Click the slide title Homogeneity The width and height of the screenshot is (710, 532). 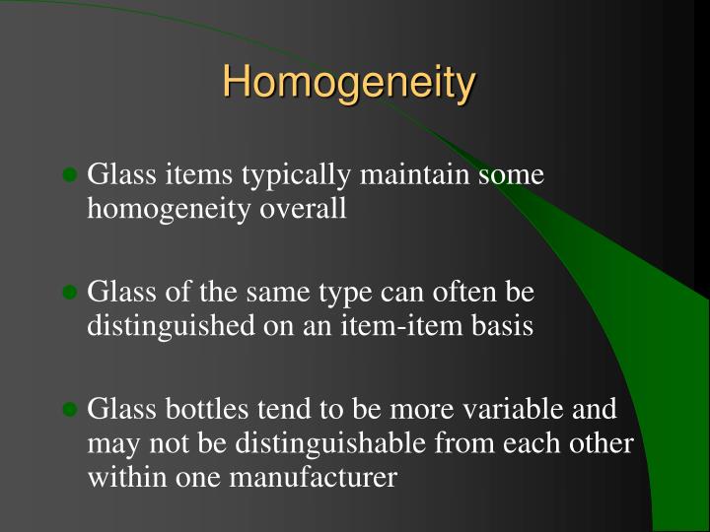point(349,83)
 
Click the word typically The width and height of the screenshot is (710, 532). point(296,176)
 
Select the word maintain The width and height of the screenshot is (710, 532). point(414,173)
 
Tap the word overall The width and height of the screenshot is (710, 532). point(303,208)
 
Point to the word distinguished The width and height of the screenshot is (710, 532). point(171,327)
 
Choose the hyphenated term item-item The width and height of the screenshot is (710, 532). point(401,325)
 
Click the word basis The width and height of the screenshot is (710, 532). point(502,325)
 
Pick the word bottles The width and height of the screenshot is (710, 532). point(206,409)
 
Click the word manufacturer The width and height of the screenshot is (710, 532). point(314,477)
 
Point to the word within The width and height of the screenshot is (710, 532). point(127,477)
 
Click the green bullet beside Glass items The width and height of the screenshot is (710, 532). point(70,174)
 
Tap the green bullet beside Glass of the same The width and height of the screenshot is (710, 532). point(70,292)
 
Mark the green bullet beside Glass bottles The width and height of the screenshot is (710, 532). point(70,410)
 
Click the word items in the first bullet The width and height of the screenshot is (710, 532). point(198,174)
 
